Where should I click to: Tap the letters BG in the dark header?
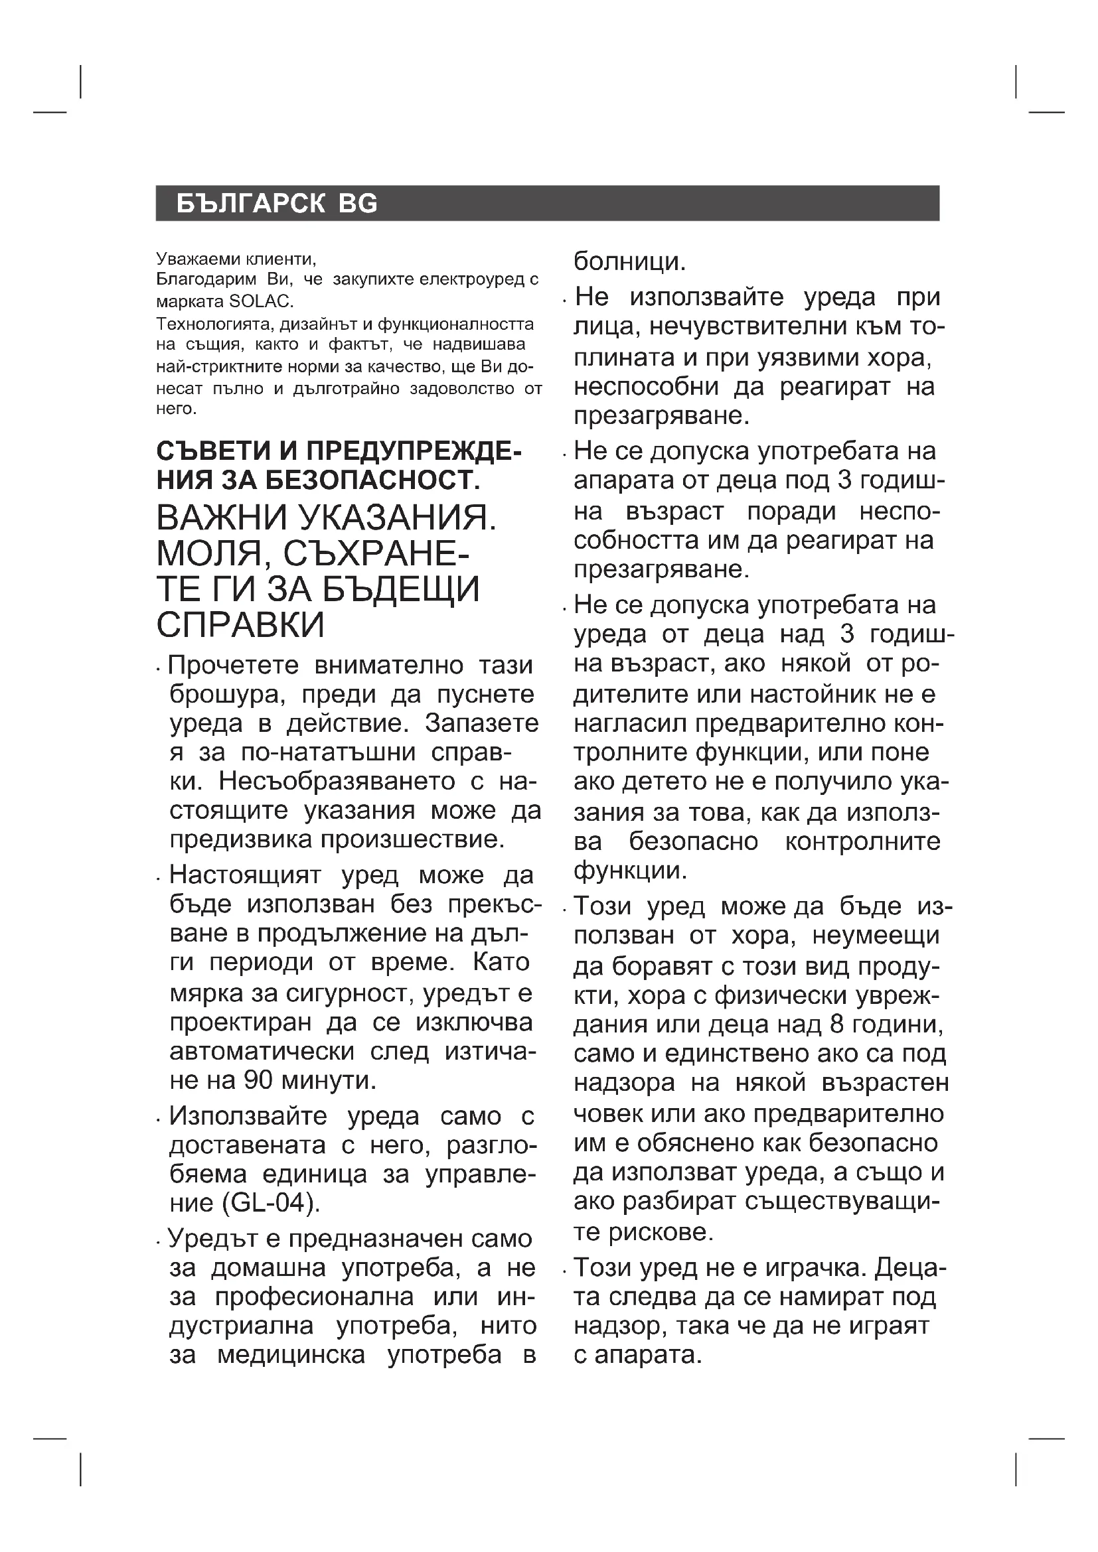pyautogui.click(x=358, y=204)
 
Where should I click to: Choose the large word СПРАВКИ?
pyautogui.click(x=240, y=625)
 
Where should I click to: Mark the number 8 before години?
pyautogui.click(x=834, y=1024)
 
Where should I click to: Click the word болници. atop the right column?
pyautogui.click(x=629, y=261)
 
